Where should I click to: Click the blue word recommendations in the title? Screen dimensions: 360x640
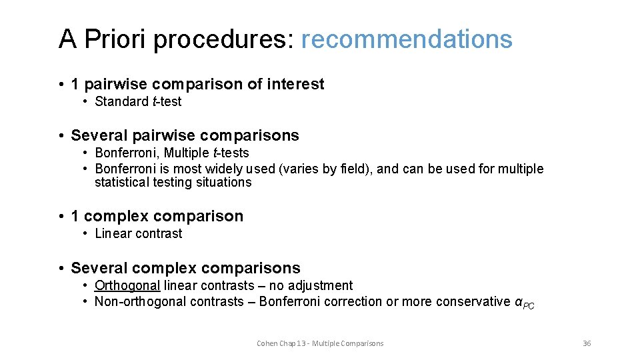point(407,39)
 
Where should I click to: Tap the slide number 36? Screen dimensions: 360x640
point(587,343)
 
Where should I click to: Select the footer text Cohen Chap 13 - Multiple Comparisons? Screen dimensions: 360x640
point(320,343)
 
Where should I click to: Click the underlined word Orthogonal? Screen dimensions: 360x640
point(127,285)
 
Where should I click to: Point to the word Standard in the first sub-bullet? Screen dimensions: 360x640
point(122,101)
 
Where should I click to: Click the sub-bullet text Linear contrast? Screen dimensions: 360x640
point(139,233)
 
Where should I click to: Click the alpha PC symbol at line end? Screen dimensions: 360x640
point(525,303)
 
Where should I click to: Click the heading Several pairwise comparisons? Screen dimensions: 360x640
point(185,135)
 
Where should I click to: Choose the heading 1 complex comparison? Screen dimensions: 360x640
point(157,216)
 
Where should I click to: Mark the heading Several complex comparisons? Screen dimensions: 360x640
point(185,268)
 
